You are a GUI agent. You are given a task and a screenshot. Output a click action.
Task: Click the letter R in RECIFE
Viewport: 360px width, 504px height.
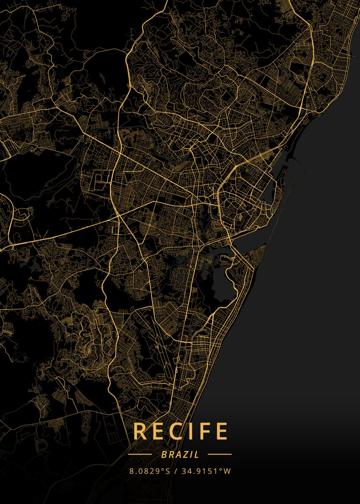pos(140,431)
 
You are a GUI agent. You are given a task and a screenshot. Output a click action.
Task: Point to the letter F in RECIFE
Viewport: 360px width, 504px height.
pos(204,431)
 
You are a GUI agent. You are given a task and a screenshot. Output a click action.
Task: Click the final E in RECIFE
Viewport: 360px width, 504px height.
pos(221,431)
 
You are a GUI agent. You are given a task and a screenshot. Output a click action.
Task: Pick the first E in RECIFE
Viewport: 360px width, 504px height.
pos(158,431)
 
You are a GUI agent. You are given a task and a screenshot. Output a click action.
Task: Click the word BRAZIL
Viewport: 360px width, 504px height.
pos(180,454)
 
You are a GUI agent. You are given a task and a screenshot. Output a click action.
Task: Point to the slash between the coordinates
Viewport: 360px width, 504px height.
pos(176,471)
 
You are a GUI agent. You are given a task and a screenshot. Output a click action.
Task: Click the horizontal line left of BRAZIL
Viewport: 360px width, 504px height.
pos(140,454)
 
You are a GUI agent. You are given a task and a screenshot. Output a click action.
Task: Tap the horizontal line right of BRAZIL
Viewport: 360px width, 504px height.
pos(220,454)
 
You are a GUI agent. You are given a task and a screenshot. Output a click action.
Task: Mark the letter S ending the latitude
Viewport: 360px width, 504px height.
pos(168,471)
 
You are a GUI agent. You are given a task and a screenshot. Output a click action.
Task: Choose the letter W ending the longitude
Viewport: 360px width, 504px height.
pos(227,471)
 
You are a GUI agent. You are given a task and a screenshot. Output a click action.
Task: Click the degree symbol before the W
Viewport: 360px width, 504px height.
pos(221,469)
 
